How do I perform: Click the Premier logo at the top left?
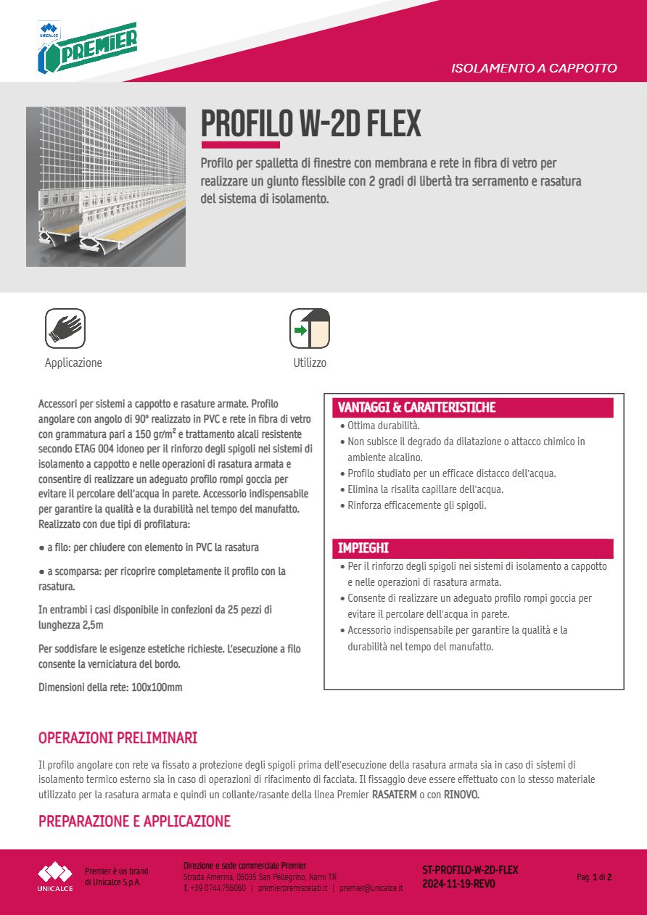86,48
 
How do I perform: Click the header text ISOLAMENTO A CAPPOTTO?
534,69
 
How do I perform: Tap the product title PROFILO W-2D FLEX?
310,124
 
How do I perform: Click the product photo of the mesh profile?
106,187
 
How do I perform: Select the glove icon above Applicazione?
65,328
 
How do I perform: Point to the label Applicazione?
73,363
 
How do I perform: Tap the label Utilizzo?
310,363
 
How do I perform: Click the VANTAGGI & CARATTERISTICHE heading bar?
472,407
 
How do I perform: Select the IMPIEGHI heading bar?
472,548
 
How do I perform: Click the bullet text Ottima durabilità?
383,426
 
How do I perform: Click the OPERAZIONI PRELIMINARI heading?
118,738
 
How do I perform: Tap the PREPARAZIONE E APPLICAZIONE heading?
134,821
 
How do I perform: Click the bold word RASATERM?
394,795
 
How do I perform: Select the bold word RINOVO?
461,795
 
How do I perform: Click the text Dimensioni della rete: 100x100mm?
110,687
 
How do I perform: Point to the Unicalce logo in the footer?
56,876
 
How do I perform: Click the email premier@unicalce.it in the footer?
371,887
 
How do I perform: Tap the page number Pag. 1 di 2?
594,877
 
